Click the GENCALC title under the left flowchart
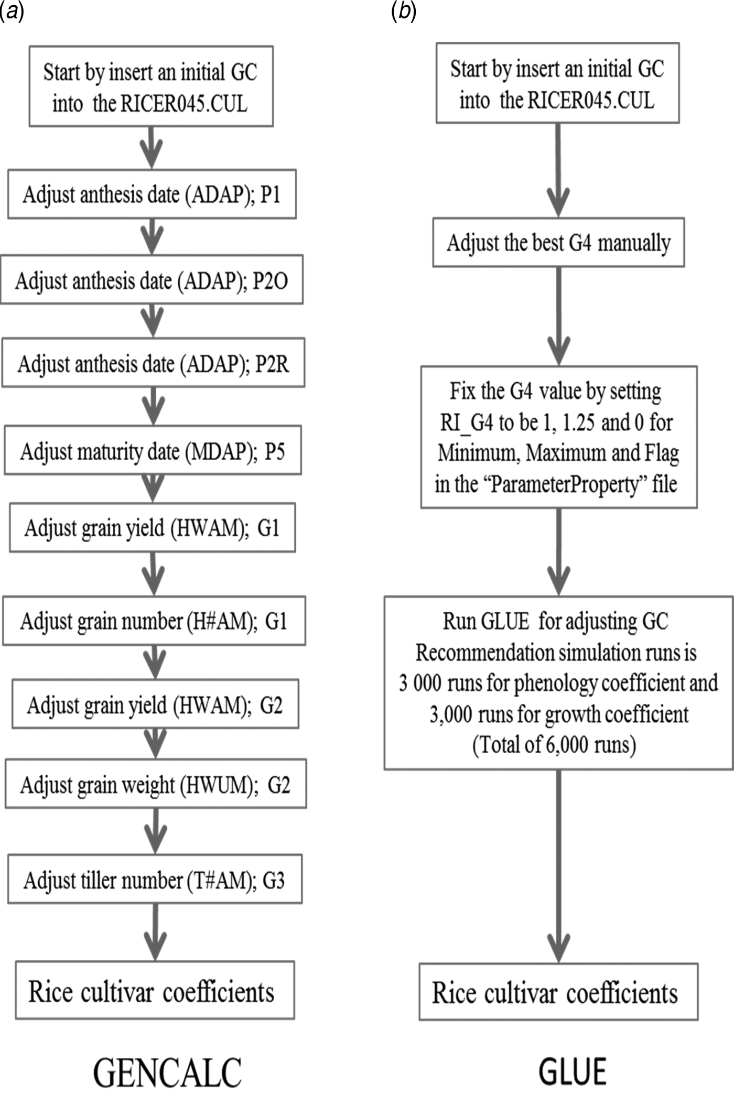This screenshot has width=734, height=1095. tap(167, 1072)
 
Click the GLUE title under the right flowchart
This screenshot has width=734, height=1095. tap(573, 1071)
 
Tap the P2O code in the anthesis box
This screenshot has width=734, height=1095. tap(271, 281)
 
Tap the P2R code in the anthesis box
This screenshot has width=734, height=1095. tap(272, 364)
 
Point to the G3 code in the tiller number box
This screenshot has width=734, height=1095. tap(274, 880)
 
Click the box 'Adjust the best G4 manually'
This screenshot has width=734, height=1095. tap(558, 243)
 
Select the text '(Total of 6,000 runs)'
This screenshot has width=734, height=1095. tap(554, 744)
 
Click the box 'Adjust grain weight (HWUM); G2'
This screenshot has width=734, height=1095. tap(156, 785)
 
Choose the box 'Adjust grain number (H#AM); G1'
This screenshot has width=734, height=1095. tap(154, 621)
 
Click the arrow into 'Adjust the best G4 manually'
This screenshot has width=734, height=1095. tap(558, 170)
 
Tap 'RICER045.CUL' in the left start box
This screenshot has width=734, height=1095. tap(184, 103)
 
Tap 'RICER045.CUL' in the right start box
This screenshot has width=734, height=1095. tap(591, 100)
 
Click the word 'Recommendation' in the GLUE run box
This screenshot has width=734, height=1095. tap(484, 653)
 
